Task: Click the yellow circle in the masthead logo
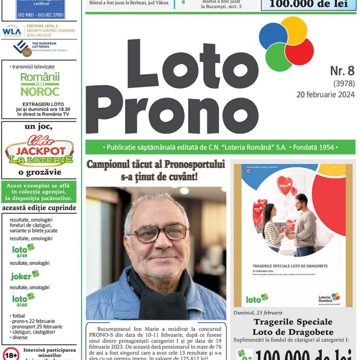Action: pos(293,30)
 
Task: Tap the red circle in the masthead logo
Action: pos(299,52)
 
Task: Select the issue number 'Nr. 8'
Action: pos(342,71)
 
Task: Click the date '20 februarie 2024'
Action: pos(325,95)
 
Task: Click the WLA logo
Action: pos(12,31)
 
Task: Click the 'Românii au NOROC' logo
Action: pos(40,84)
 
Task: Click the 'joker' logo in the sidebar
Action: pos(25,275)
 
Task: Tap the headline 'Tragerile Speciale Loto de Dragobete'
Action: pos(293,327)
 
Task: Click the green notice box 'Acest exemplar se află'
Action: pos(39,192)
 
